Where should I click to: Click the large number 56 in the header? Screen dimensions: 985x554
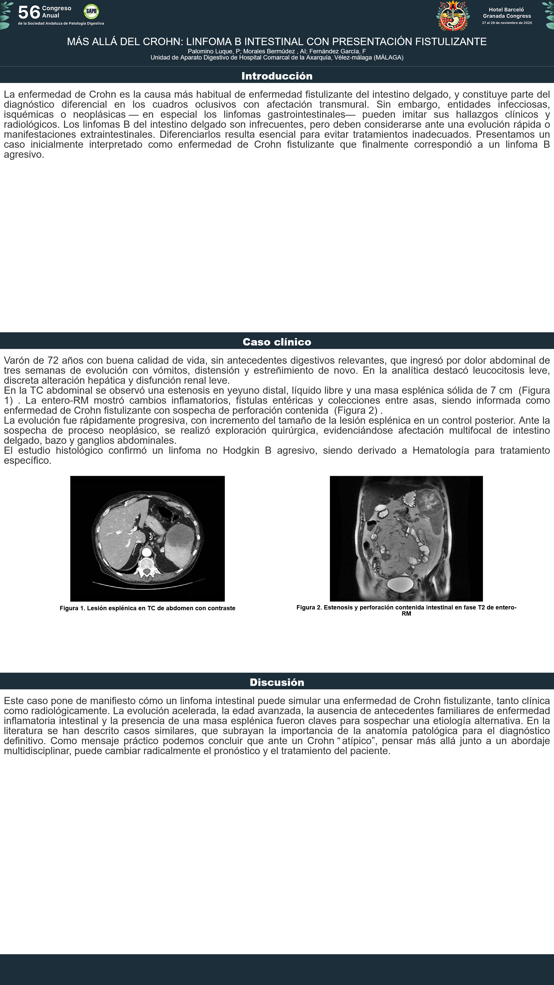point(29,12)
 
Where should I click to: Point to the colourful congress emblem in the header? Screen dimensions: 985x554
point(453,16)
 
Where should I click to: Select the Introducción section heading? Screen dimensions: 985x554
point(277,76)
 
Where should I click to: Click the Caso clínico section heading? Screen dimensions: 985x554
point(277,342)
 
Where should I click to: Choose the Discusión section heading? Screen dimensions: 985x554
point(277,682)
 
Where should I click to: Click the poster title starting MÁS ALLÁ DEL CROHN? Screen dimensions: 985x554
point(277,42)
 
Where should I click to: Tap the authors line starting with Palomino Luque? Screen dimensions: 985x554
point(277,51)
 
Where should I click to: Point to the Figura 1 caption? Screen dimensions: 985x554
point(147,608)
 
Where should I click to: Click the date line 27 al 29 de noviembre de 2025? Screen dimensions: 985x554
point(507,23)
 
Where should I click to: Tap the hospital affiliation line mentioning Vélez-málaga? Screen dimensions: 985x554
point(277,58)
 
